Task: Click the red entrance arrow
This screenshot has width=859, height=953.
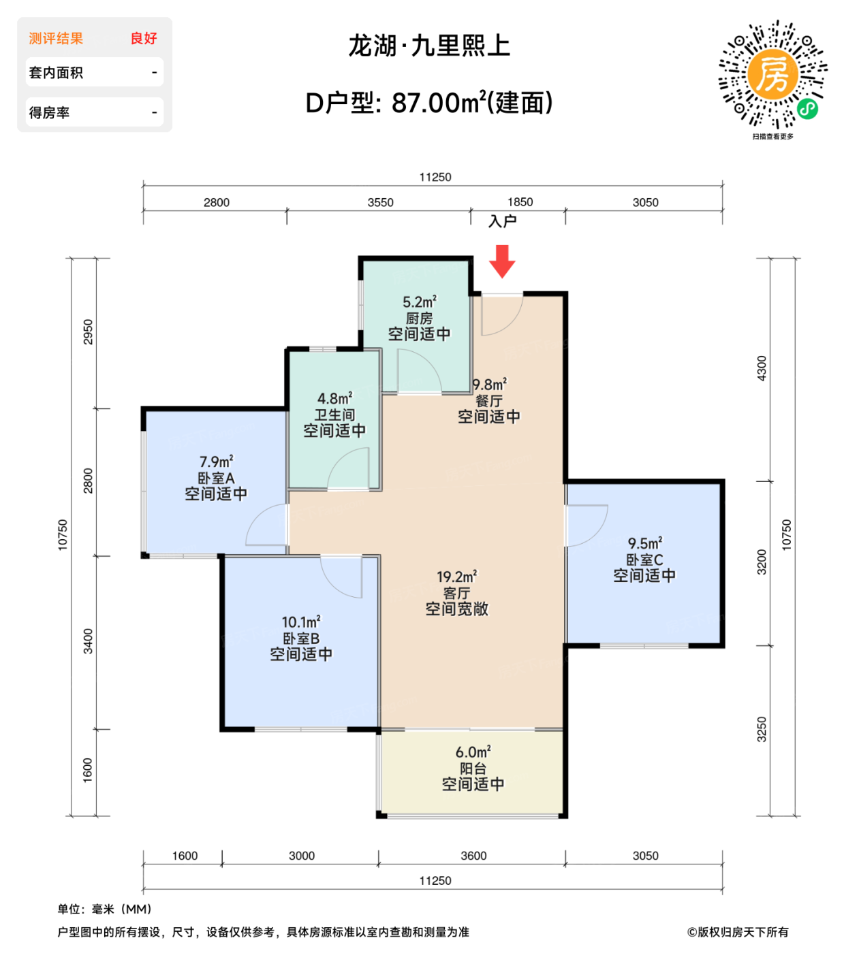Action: pyautogui.click(x=502, y=261)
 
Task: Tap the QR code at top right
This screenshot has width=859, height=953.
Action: pyautogui.click(x=772, y=75)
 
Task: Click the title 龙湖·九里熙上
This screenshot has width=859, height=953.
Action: pyautogui.click(x=429, y=46)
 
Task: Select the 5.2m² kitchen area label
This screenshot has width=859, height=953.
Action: pyautogui.click(x=419, y=302)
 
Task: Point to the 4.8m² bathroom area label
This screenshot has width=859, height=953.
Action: pyautogui.click(x=334, y=398)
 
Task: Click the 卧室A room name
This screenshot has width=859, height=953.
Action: pyautogui.click(x=216, y=479)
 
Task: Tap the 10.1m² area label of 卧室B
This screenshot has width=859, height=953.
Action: pyautogui.click(x=300, y=622)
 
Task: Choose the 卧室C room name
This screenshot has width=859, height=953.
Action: pyautogui.click(x=644, y=560)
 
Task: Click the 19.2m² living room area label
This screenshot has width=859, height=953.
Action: pyautogui.click(x=456, y=577)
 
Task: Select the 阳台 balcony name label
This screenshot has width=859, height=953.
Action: pyautogui.click(x=473, y=769)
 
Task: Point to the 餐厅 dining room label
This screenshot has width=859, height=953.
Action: pyautogui.click(x=489, y=401)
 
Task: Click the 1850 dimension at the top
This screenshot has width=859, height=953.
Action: pyautogui.click(x=520, y=202)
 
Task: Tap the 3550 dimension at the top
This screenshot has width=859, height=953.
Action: pyautogui.click(x=380, y=202)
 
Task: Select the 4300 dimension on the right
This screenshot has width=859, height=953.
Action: pyautogui.click(x=762, y=368)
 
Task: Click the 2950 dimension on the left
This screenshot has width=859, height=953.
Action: pyautogui.click(x=88, y=332)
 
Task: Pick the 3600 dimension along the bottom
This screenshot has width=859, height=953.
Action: pyautogui.click(x=473, y=856)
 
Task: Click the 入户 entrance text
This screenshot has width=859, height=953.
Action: pyautogui.click(x=503, y=221)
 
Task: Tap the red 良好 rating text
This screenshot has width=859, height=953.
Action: pyautogui.click(x=144, y=39)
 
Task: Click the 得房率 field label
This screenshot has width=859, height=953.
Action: pyautogui.click(x=49, y=112)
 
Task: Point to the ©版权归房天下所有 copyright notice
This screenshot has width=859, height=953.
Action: pyautogui.click(x=738, y=932)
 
